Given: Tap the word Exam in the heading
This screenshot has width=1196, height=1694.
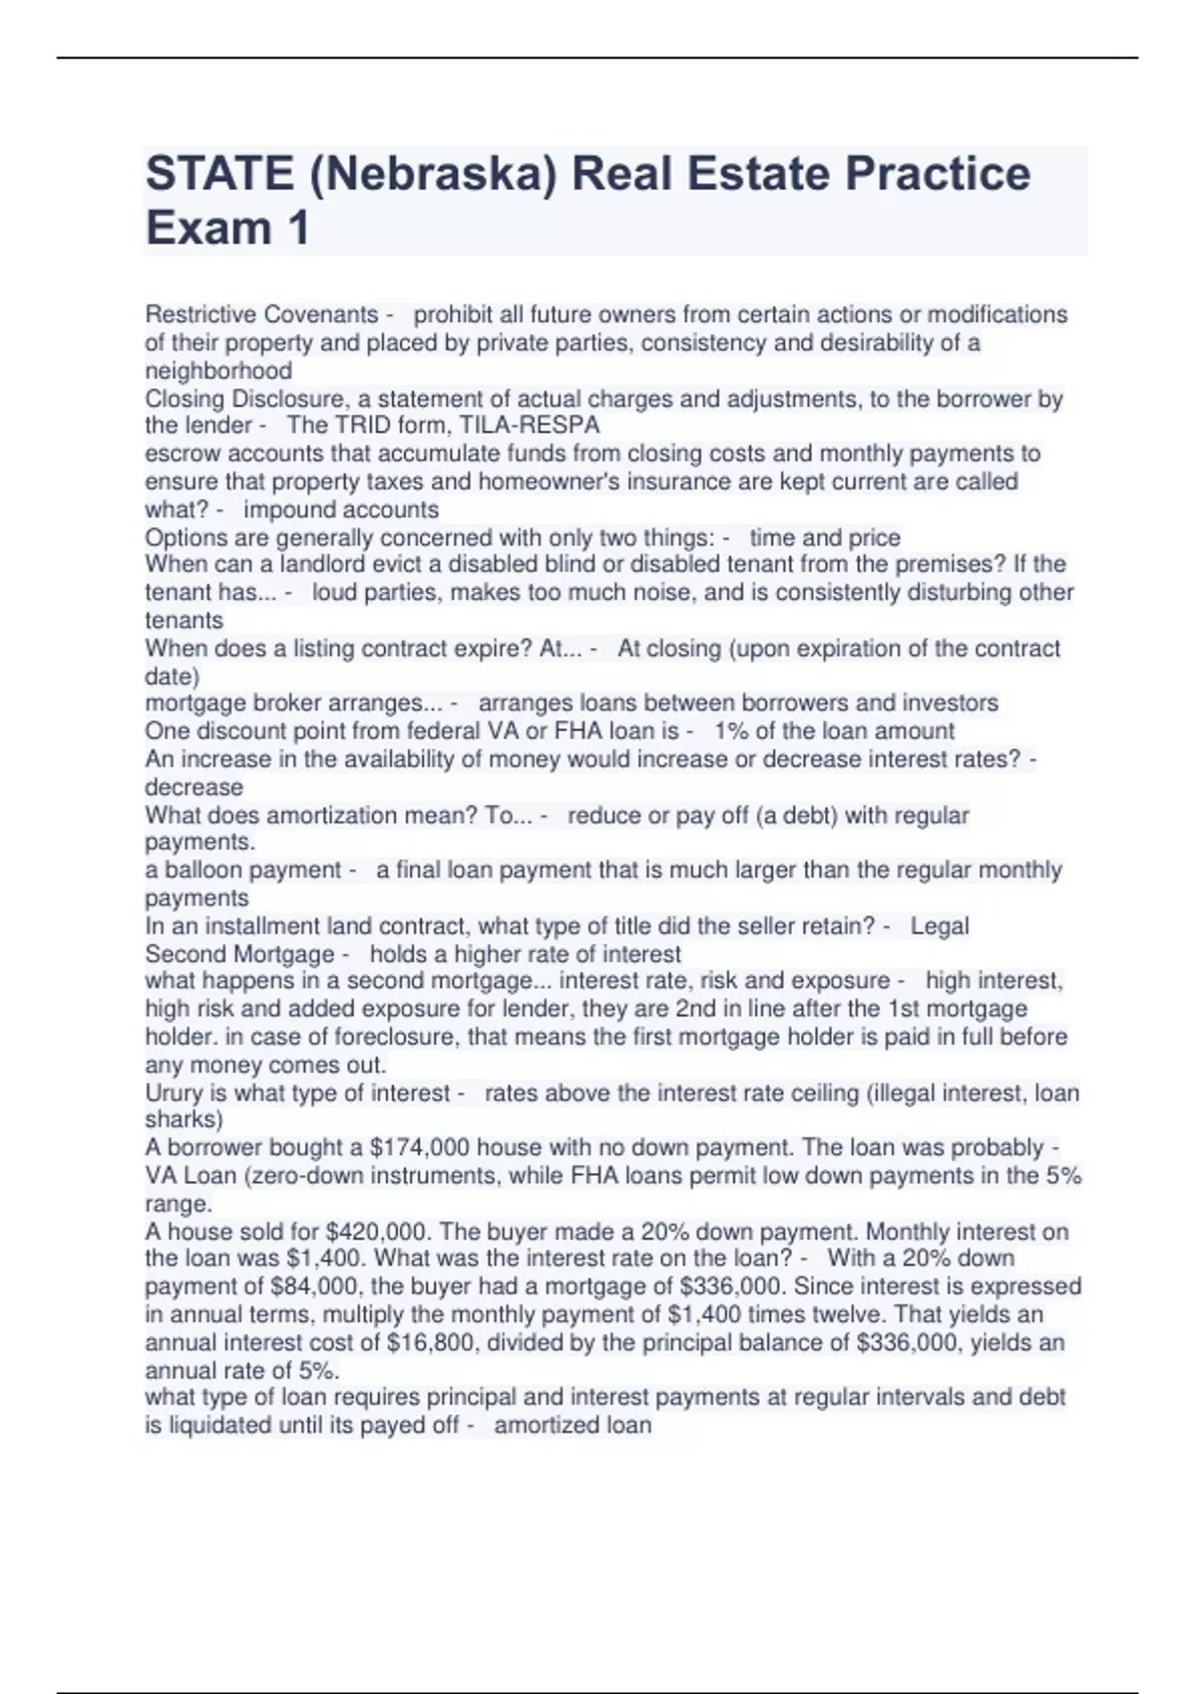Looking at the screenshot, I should pos(208,228).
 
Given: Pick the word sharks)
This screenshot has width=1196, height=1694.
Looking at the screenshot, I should pos(184,1119).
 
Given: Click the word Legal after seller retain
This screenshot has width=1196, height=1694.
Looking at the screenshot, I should pos(940,926).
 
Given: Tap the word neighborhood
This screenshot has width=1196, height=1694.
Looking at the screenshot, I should pos(218,371).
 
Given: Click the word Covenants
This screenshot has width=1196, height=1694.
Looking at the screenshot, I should pos(320,315).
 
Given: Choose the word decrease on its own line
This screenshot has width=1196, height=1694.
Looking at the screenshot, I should pos(193,787).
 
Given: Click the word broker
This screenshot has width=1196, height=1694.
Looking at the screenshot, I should pos(271,703).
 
